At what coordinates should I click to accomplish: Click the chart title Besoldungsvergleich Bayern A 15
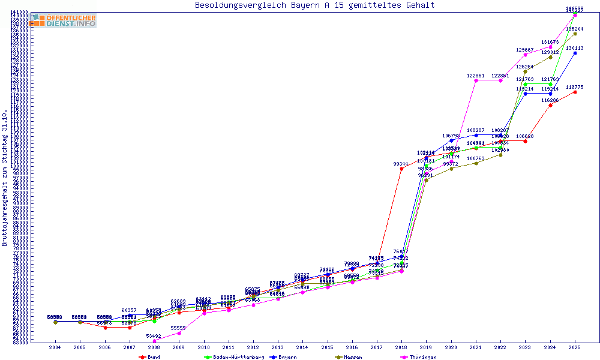click(314, 5)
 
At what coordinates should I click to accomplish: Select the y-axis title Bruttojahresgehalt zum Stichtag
click(5, 178)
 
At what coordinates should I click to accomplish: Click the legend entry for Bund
click(149, 357)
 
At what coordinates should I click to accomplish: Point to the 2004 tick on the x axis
click(55, 347)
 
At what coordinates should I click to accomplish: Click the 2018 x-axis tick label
click(401, 347)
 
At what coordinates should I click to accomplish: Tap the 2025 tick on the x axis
click(575, 347)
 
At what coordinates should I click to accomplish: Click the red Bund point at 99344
click(401, 169)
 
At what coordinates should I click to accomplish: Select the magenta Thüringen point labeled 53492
click(154, 341)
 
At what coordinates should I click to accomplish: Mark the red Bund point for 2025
click(575, 92)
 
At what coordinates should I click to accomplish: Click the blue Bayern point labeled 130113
click(575, 53)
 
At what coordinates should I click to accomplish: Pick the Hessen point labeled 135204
click(575, 34)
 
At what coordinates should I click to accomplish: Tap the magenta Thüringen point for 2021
click(476, 80)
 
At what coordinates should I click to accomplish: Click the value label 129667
click(525, 50)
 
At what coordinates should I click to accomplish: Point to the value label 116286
click(550, 100)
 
